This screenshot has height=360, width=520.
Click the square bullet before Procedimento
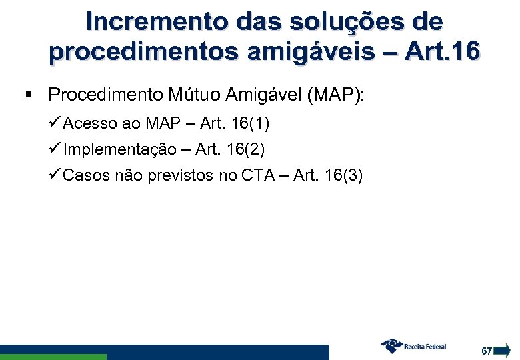[x=29, y=95]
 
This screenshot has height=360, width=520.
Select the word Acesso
[x=90, y=123]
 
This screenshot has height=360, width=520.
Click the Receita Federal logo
[x=414, y=345]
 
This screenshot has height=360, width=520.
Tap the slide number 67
[x=487, y=350]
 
